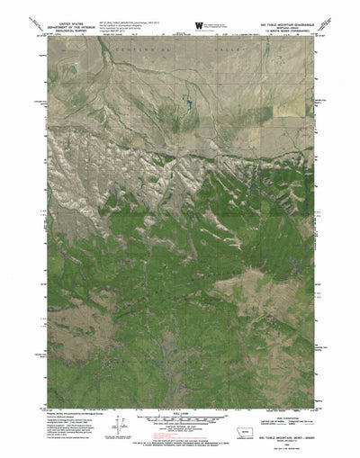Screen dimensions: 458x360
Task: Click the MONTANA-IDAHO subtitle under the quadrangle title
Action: tap(285, 22)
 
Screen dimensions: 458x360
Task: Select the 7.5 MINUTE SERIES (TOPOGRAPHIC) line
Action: tap(285, 25)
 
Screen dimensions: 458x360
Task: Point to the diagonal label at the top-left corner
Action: tap(36, 20)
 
